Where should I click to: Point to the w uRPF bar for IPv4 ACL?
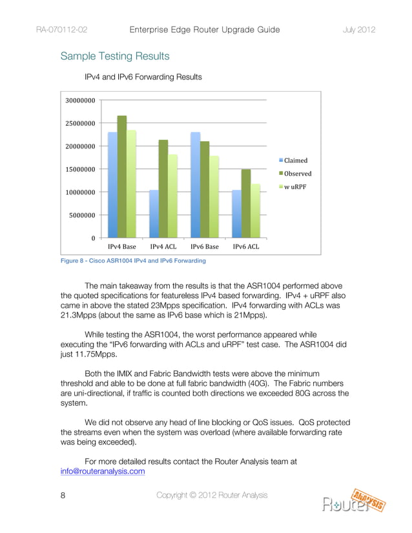pos(173,196)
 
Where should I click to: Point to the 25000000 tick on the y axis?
pos(80,124)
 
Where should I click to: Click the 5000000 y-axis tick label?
pos(82,216)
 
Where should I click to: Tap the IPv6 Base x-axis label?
pos(205,247)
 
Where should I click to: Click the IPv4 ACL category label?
pos(163,247)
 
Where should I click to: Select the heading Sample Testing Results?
pos(115,57)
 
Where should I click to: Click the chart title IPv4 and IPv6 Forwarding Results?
pos(143,77)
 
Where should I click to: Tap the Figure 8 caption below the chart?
pos(133,261)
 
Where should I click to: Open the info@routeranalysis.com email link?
pos(102,471)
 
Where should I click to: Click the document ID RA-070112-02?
pos(62,30)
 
